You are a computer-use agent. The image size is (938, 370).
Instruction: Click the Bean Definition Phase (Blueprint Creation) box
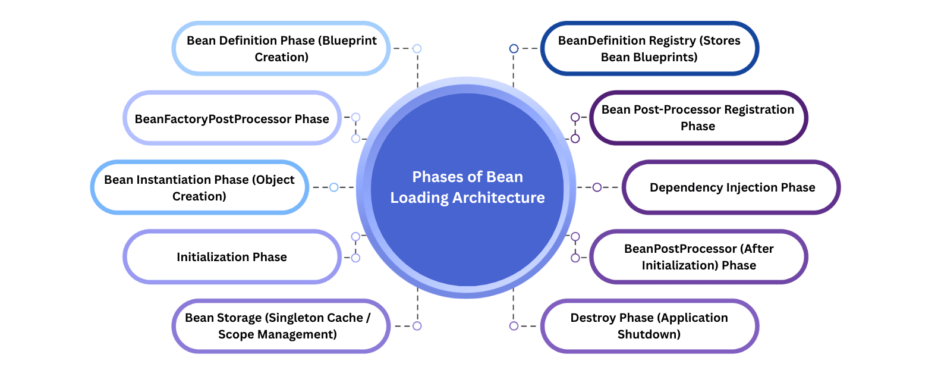281,49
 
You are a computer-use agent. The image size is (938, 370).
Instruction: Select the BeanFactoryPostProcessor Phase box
232,118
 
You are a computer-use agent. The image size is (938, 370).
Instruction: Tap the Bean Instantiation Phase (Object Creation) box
199,187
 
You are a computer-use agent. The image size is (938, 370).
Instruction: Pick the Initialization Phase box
232,257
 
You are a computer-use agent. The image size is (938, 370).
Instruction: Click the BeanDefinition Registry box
649,49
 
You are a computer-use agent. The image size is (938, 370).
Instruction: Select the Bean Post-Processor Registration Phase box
698,118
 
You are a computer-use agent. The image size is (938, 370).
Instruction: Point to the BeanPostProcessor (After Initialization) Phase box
698,257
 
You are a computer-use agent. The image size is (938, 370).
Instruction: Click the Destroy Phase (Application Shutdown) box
649,326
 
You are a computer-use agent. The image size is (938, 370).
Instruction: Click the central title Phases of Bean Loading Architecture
467,187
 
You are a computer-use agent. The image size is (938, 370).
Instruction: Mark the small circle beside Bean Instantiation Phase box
334,187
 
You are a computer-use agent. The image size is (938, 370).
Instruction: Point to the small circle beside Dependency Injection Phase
597,187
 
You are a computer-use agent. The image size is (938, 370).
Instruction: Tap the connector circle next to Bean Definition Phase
417,49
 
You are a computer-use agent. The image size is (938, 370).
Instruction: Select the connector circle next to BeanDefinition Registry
514,49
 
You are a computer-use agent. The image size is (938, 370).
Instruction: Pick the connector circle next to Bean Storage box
417,326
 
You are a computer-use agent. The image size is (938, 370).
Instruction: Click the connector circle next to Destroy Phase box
514,326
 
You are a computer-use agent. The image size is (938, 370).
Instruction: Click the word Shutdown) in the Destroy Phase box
649,334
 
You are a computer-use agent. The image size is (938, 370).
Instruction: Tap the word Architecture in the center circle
498,197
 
